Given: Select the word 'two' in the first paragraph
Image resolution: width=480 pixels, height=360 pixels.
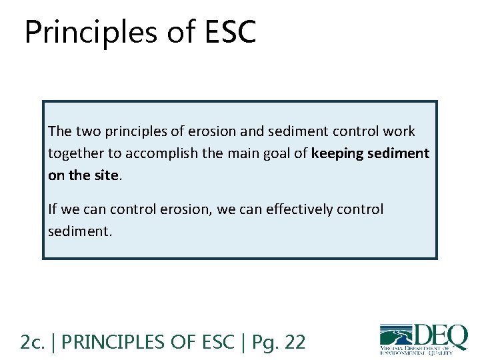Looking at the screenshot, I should tap(85, 131).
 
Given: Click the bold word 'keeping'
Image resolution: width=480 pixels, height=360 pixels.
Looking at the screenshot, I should tap(337, 153).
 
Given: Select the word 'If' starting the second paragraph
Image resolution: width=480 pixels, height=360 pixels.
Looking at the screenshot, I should tap(53, 209).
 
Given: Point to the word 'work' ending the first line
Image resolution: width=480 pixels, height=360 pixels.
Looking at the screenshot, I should tap(399, 131).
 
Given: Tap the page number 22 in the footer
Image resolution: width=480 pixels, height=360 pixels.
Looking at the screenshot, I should tap(295, 342).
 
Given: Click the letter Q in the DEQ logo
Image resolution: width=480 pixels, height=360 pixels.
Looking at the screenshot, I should tap(455, 335).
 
